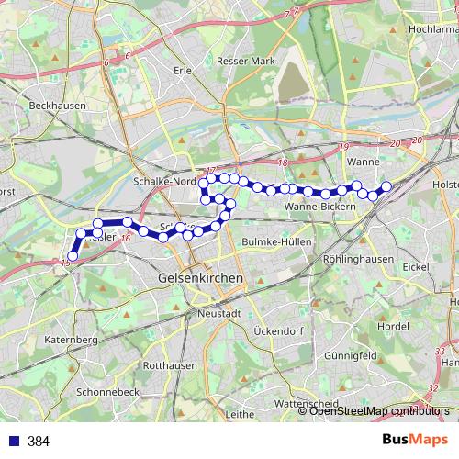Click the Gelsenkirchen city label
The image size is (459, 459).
[x=201, y=277]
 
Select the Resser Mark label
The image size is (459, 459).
[x=246, y=61]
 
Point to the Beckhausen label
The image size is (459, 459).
[x=57, y=106]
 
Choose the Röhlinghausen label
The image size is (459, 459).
[x=358, y=260]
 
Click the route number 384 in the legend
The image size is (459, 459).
[x=39, y=442]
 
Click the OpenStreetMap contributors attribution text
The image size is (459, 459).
[x=379, y=411]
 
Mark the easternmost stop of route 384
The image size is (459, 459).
[x=386, y=186]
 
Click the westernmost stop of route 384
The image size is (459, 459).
[x=73, y=256]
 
